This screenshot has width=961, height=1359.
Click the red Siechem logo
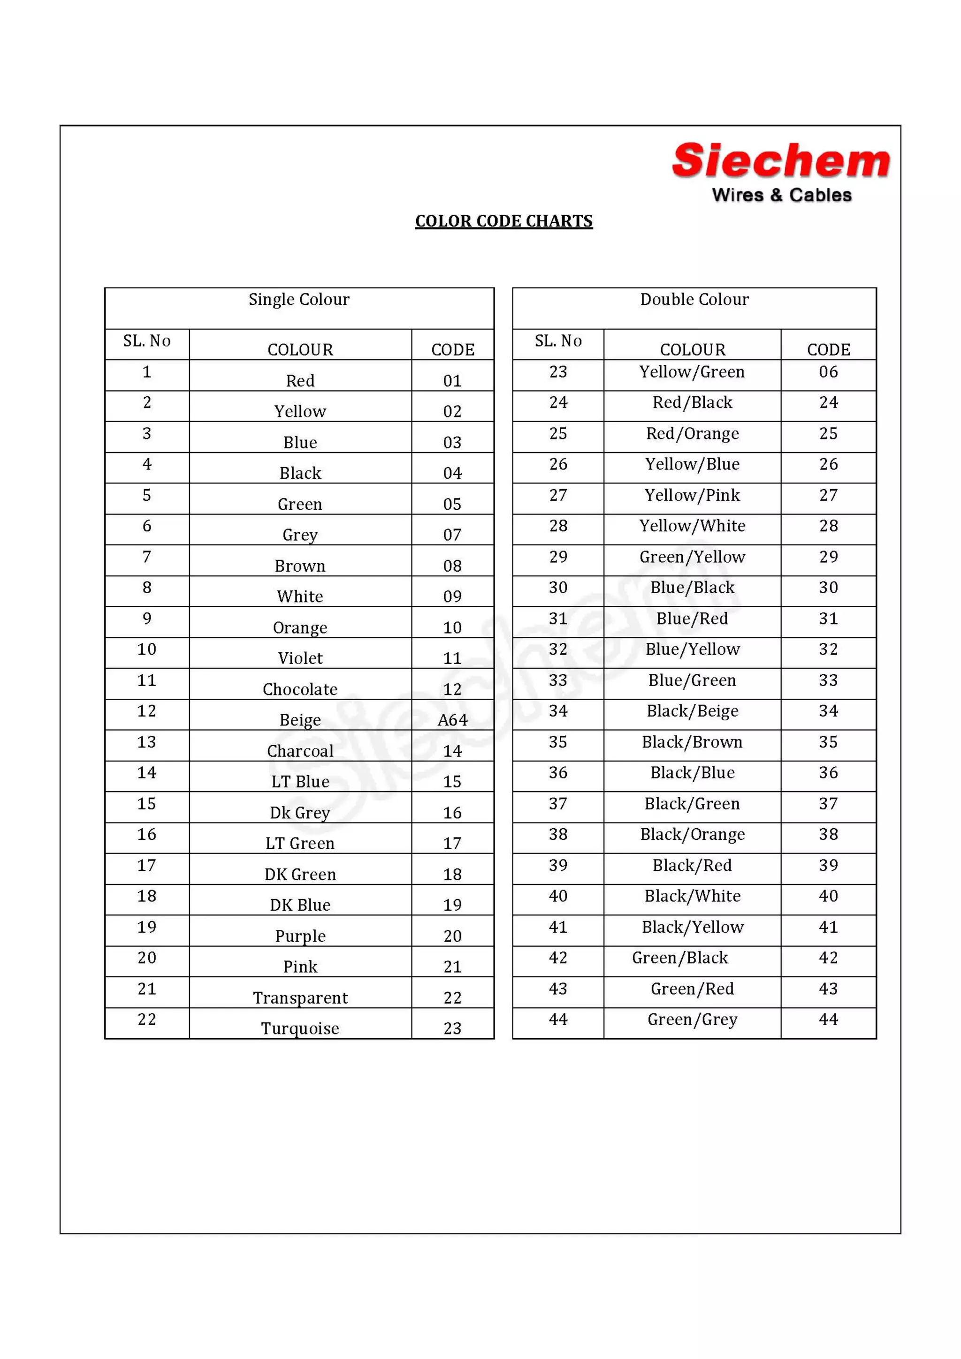pyautogui.click(x=780, y=161)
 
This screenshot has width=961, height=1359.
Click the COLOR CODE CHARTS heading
pyautogui.click(x=503, y=221)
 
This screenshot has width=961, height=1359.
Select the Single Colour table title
pyautogui.click(x=299, y=300)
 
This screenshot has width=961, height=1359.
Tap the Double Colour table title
pyautogui.click(x=694, y=300)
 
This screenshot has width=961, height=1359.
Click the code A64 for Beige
pyautogui.click(x=452, y=720)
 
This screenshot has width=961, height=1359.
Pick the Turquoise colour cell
pyautogui.click(x=300, y=1028)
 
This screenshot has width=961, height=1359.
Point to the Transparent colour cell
pyautogui.click(x=300, y=997)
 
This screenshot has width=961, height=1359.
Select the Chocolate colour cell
pyautogui.click(x=300, y=689)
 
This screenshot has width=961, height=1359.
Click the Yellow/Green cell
pyautogui.click(x=692, y=372)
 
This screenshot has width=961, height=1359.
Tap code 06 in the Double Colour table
pyautogui.click(x=828, y=372)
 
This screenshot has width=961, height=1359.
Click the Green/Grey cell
pyautogui.click(x=692, y=1019)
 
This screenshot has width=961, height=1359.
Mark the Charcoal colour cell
pyautogui.click(x=300, y=750)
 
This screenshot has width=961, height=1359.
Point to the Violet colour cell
pyautogui.click(x=300, y=658)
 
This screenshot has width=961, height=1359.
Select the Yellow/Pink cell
pyautogui.click(x=692, y=495)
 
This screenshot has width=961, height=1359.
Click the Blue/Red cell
pyautogui.click(x=692, y=619)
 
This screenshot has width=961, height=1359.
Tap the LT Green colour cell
pyautogui.click(x=300, y=843)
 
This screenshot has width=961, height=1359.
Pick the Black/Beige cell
pyautogui.click(x=692, y=711)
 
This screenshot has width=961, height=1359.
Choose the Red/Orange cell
pyautogui.click(x=692, y=433)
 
